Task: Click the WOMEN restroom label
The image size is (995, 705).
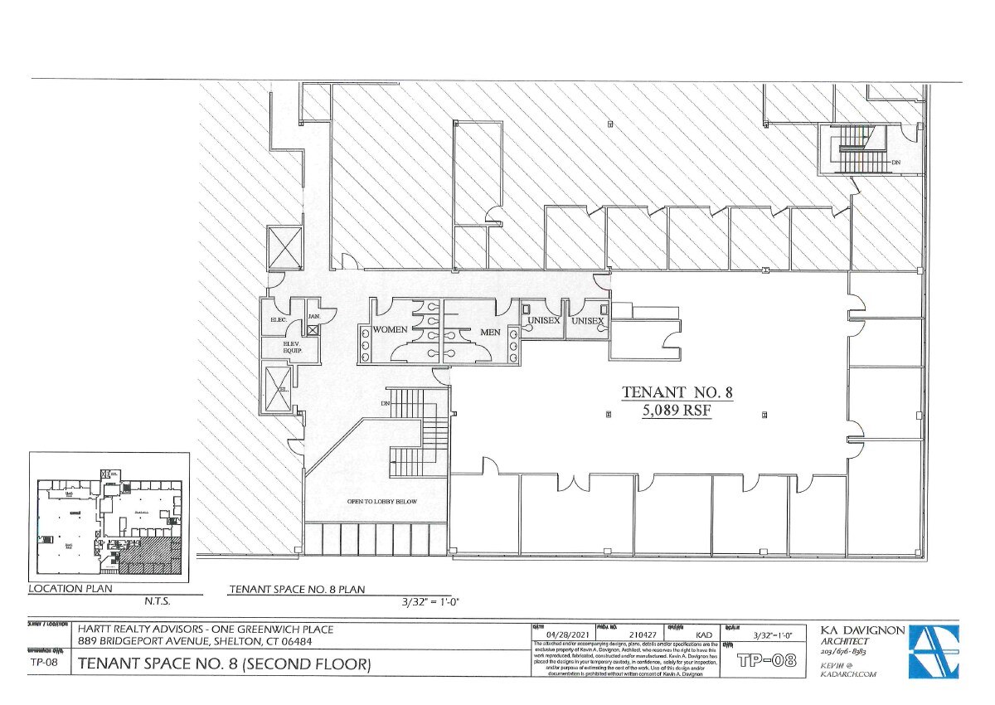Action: coord(390,329)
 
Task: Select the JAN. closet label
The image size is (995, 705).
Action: coord(314,316)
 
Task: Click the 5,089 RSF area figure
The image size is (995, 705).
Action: coord(678,410)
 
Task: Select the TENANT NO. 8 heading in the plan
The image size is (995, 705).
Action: coord(678,391)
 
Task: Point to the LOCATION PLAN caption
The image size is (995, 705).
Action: coord(70,589)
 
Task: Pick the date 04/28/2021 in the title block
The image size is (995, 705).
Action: coord(560,636)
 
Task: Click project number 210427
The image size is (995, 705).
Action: coord(630,636)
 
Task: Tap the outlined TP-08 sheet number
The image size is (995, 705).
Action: coord(767,661)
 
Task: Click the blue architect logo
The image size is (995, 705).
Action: coord(934,651)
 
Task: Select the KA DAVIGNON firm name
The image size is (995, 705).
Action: coord(862,631)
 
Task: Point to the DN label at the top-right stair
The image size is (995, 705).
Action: coord(895,163)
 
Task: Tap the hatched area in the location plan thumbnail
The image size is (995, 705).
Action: coord(149,556)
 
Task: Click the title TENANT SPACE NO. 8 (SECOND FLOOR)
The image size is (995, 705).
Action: coord(224,664)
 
